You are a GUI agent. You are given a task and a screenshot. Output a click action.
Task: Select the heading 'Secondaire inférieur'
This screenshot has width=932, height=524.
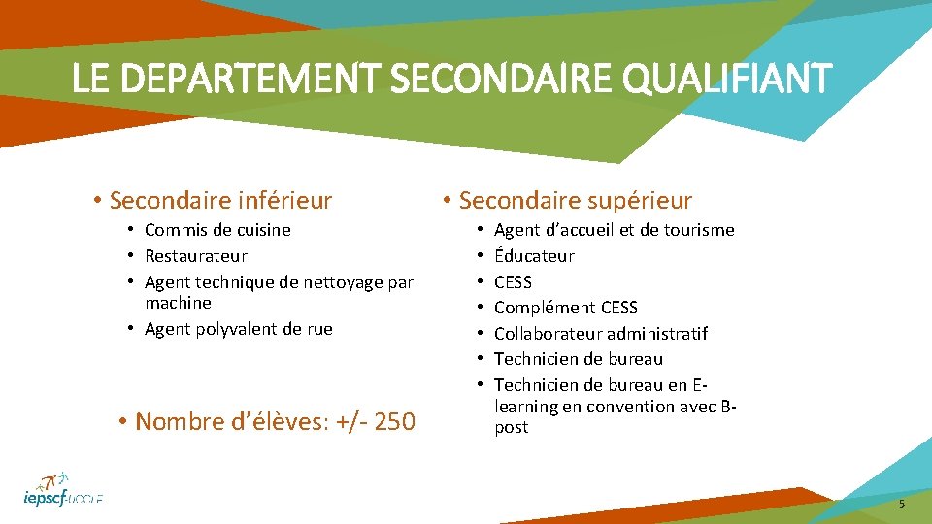pos(220,201)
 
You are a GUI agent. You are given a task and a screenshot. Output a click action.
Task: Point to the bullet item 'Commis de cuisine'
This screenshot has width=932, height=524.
pos(217,230)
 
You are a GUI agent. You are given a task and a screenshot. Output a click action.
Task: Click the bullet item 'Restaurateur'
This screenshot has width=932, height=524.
pos(195,256)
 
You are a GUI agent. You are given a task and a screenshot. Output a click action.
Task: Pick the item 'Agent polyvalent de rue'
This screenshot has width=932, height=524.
pos(238,329)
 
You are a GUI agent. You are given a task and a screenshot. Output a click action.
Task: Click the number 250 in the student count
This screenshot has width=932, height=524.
pos(394,422)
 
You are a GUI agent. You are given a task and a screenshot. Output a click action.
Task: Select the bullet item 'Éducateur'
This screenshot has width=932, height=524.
pos(534,256)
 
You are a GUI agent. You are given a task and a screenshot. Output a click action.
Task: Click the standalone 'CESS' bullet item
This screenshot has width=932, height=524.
pos(513,282)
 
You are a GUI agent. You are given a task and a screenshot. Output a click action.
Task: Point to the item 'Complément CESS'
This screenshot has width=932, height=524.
pos(565,308)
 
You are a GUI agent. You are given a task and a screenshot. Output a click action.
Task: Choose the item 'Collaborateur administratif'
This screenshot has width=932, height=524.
pos(600,334)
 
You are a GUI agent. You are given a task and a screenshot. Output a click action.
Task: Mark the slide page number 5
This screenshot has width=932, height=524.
pos(901,504)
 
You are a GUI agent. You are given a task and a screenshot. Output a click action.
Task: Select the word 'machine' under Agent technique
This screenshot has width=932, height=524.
pos(178,303)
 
